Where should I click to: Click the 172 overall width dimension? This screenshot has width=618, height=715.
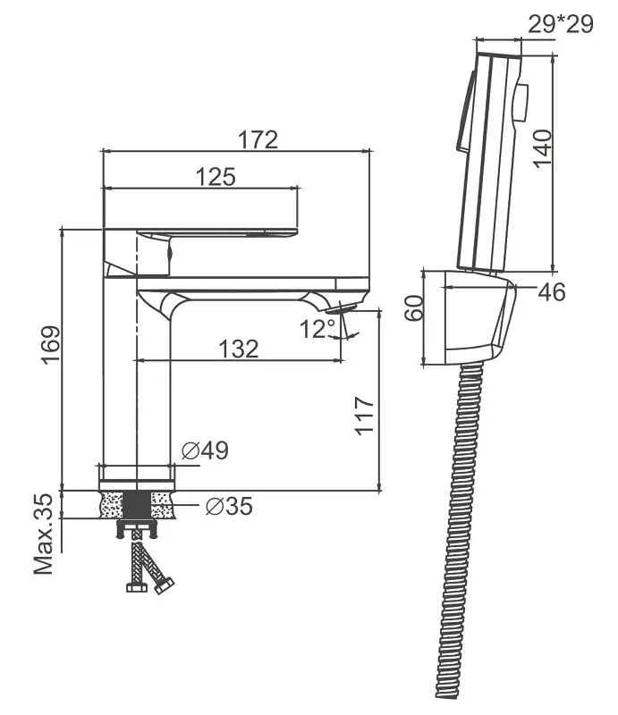pyautogui.click(x=258, y=139)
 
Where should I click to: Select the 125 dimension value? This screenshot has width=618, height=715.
pyautogui.click(x=216, y=177)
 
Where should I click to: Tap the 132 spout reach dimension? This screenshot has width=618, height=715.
pyautogui.click(x=238, y=349)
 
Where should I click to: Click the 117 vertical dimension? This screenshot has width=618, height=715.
pyautogui.click(x=364, y=415)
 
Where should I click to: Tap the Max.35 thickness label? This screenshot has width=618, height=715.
pyautogui.click(x=46, y=534)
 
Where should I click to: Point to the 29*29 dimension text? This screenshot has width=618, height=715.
pyautogui.click(x=561, y=23)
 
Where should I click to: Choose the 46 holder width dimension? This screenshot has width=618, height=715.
pyautogui.click(x=552, y=292)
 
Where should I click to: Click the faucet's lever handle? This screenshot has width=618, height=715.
pyautogui.click(x=201, y=234)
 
